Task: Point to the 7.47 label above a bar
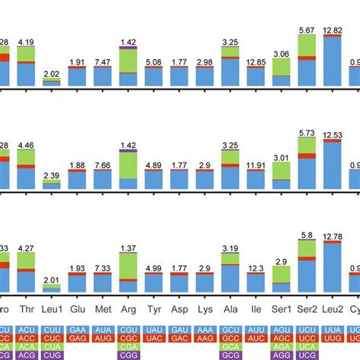pyautogui.click(x=103, y=62)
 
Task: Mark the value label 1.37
pyautogui.click(x=128, y=248)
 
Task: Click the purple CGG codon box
pyautogui.click(x=128, y=355)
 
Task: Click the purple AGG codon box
pyautogui.click(x=282, y=355)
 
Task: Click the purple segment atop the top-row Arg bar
pyautogui.click(x=128, y=47)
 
